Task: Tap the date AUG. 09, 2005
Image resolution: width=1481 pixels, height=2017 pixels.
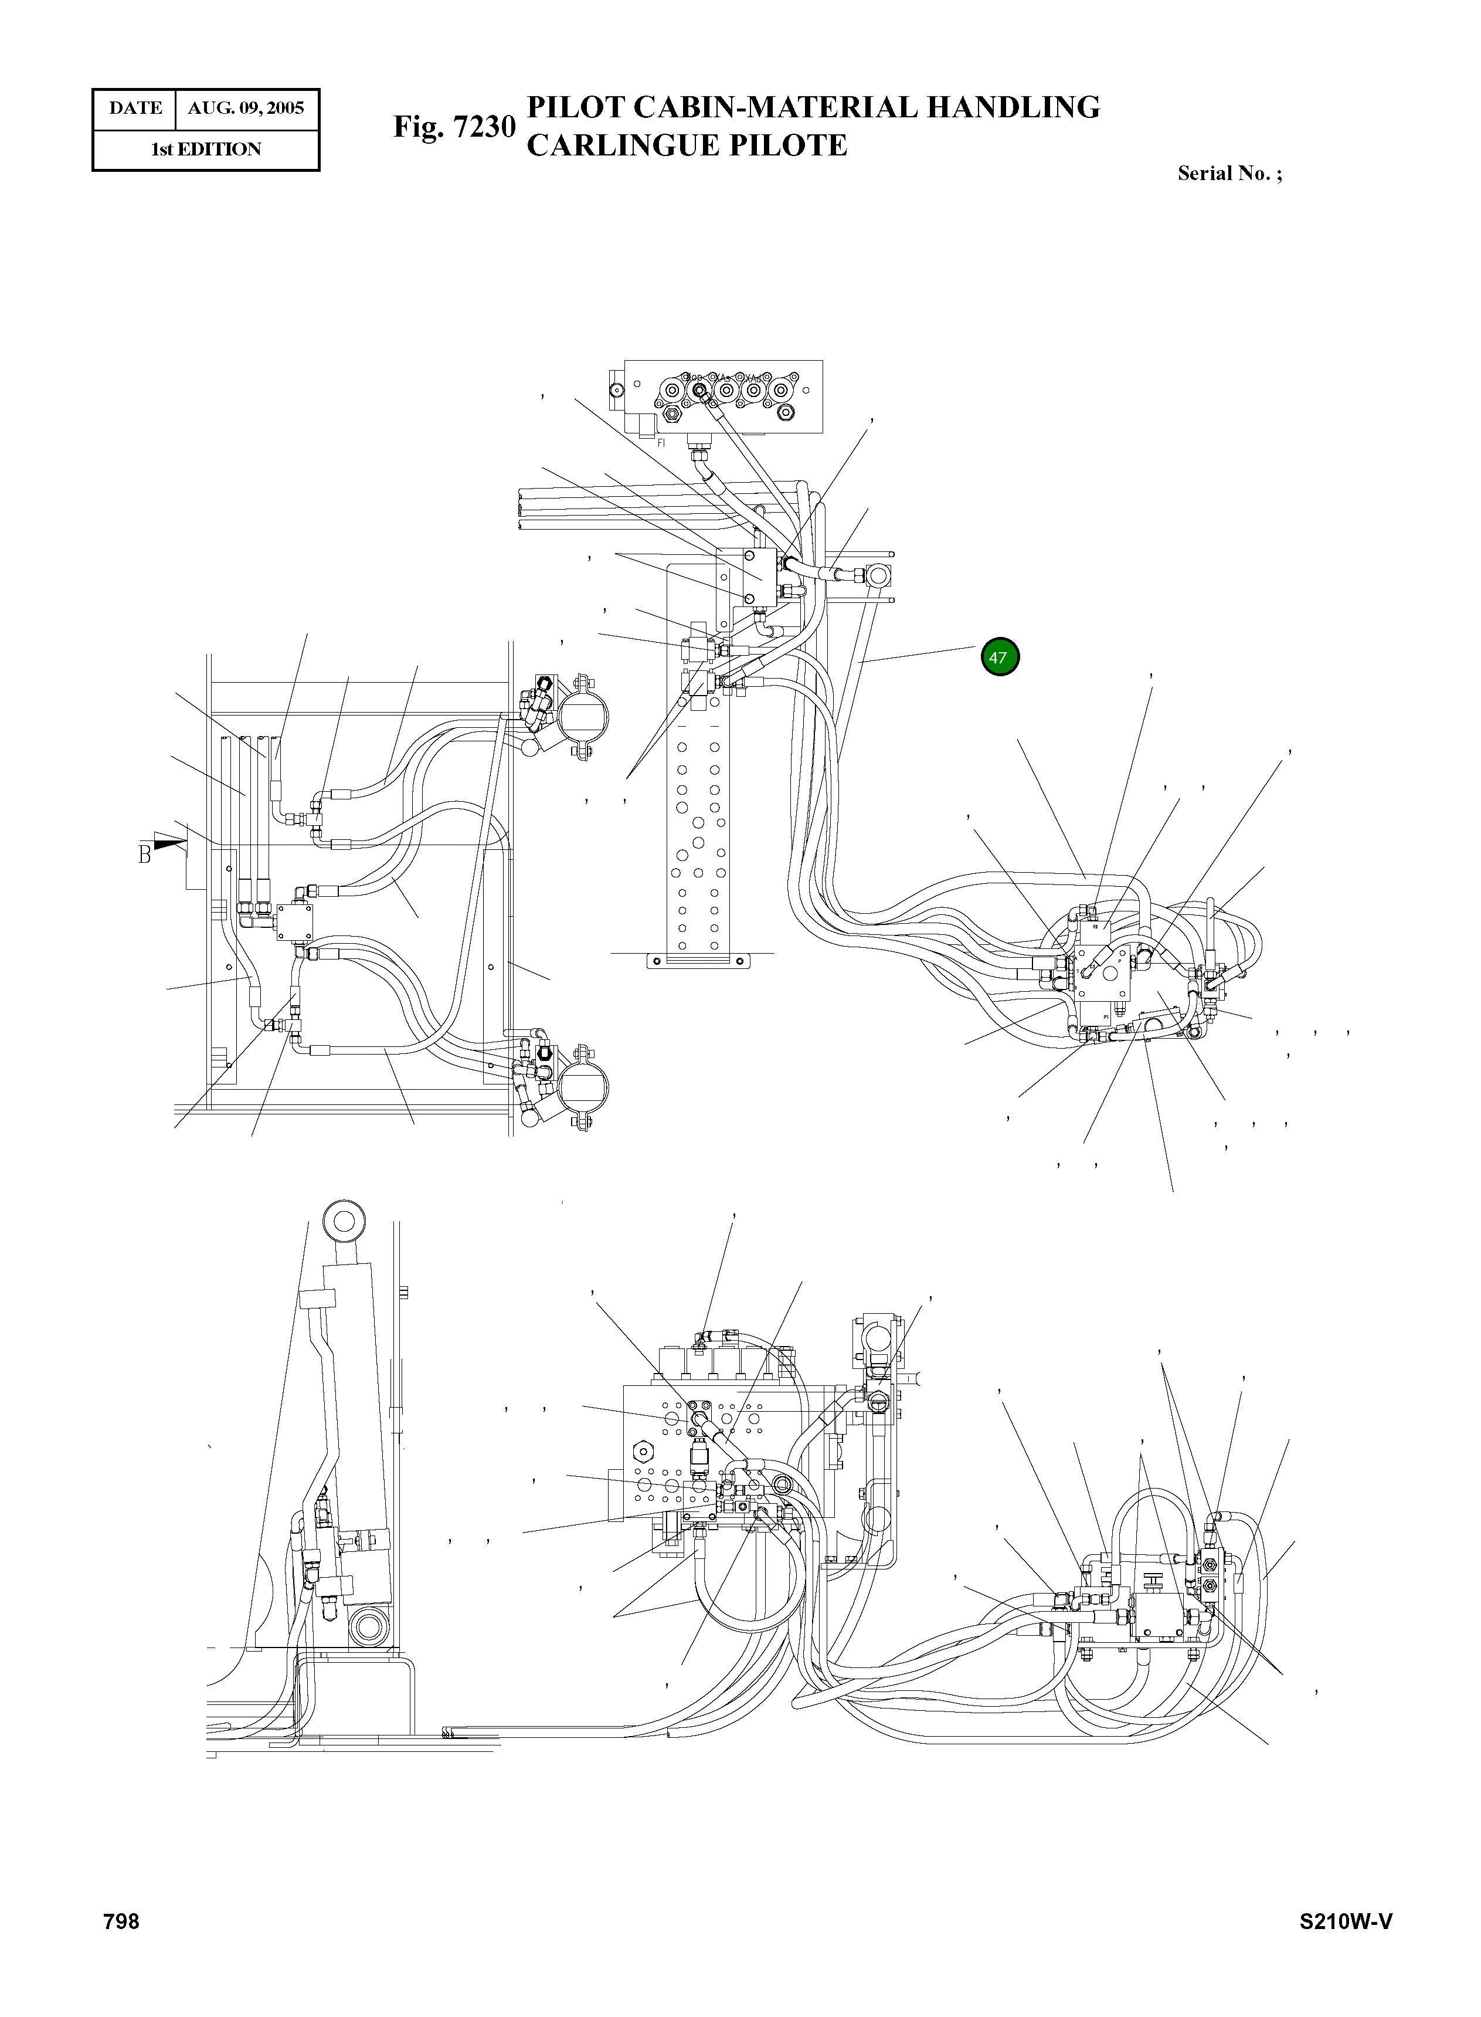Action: (246, 109)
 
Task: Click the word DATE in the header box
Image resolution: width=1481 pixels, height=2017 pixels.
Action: (135, 109)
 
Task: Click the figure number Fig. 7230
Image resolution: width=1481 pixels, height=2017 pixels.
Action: (454, 127)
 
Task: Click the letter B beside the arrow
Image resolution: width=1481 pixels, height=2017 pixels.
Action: (144, 855)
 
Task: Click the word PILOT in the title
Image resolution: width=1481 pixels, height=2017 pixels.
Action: (576, 107)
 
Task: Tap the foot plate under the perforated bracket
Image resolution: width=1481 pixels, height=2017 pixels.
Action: (698, 960)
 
